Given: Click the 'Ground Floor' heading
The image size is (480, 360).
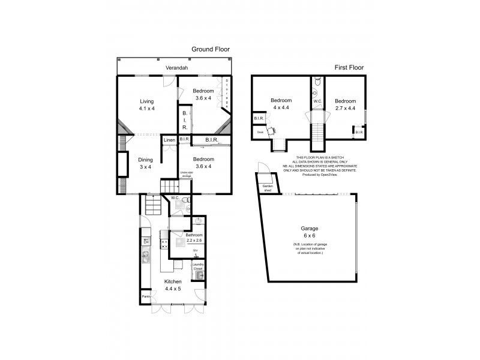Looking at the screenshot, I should coord(211,49).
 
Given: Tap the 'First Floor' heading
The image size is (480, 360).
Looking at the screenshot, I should coord(349,68).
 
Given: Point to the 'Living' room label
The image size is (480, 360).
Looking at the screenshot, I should coord(146,101).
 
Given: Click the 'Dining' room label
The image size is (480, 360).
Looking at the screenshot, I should coord(146,160).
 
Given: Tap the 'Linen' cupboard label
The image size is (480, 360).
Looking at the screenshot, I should coord(170,140).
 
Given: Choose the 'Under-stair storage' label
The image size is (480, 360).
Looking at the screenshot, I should coord(187,174).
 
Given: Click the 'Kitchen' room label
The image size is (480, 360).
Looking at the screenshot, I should coord(174,281).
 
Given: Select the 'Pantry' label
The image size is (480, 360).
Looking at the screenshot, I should coord(146,296).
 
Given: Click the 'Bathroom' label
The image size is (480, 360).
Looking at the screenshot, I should coord(194,235).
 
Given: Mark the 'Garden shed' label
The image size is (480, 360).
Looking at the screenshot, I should coord(268,188).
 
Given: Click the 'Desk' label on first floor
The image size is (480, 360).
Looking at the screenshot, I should coord(260,132).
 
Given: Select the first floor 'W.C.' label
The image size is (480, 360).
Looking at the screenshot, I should coord(317,101).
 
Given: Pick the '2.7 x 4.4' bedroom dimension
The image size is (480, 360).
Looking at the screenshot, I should coord(345,109).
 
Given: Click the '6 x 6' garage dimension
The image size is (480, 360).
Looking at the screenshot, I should coord(310,236).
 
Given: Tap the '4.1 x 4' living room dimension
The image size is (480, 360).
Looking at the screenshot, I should coord(146,109).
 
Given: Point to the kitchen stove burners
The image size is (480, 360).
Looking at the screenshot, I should coord(164,244).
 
